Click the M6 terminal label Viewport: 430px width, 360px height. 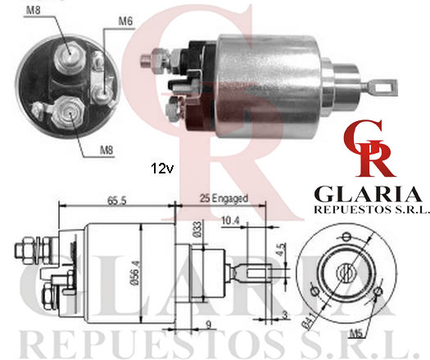point(125,21)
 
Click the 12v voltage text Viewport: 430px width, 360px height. point(162,169)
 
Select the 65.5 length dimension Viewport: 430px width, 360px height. point(117,200)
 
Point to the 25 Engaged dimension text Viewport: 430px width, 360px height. point(224,198)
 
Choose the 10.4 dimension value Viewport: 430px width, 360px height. point(230,221)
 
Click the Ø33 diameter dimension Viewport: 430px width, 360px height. point(197,229)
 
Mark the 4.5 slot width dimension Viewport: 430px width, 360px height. point(281,250)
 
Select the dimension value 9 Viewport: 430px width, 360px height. point(209,325)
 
